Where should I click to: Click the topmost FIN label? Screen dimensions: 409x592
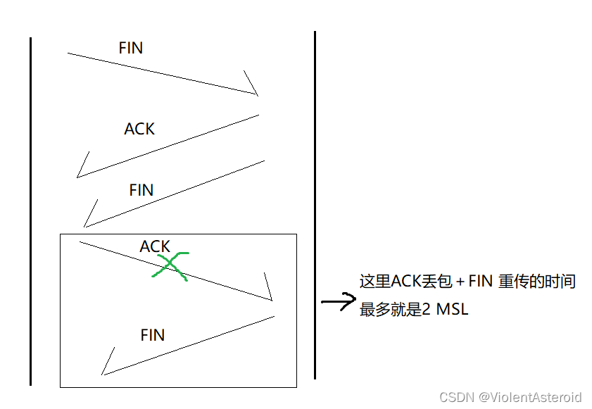pyautogui.click(x=131, y=48)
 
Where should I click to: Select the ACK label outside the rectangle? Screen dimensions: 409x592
pyautogui.click(x=139, y=129)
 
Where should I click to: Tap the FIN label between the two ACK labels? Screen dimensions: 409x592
pyautogui.click(x=141, y=190)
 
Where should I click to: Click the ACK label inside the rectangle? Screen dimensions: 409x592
pyautogui.click(x=155, y=246)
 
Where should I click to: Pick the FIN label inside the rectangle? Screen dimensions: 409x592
pyautogui.click(x=153, y=335)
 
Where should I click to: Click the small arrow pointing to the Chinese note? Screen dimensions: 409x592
pyautogui.click(x=338, y=302)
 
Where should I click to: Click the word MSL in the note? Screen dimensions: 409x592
pyautogui.click(x=452, y=309)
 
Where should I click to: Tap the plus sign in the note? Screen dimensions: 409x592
pyautogui.click(x=460, y=282)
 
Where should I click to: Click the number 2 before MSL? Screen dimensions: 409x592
pyautogui.click(x=427, y=309)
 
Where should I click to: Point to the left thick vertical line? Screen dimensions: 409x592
pyautogui.click(x=31, y=211)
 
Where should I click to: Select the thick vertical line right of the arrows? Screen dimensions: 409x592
pyautogui.click(x=315, y=204)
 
